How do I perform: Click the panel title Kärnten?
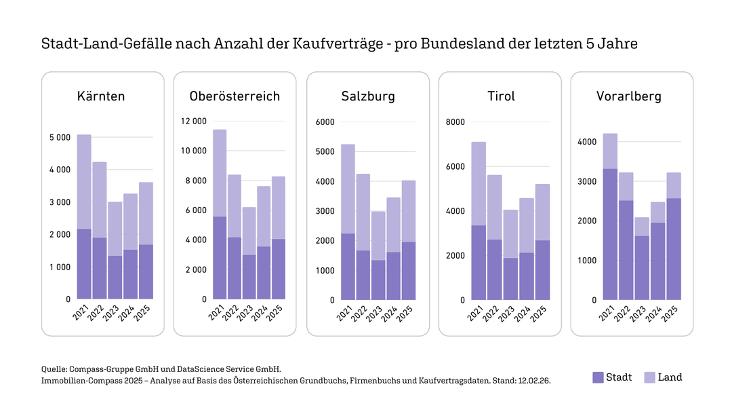pos(101,96)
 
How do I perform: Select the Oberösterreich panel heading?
pos(235,96)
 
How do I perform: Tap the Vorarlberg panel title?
pos(628,96)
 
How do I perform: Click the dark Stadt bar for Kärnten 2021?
pos(84,263)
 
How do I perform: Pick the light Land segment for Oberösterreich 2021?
pos(219,173)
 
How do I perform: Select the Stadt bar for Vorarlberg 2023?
pos(642,267)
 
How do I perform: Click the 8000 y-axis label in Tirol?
pos(454,122)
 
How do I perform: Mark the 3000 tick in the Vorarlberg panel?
pos(587,182)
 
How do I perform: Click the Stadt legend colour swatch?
pos(597,377)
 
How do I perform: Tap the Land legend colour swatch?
pos(649,377)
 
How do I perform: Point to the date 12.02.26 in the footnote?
pos(535,381)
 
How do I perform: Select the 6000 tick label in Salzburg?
pos(325,122)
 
